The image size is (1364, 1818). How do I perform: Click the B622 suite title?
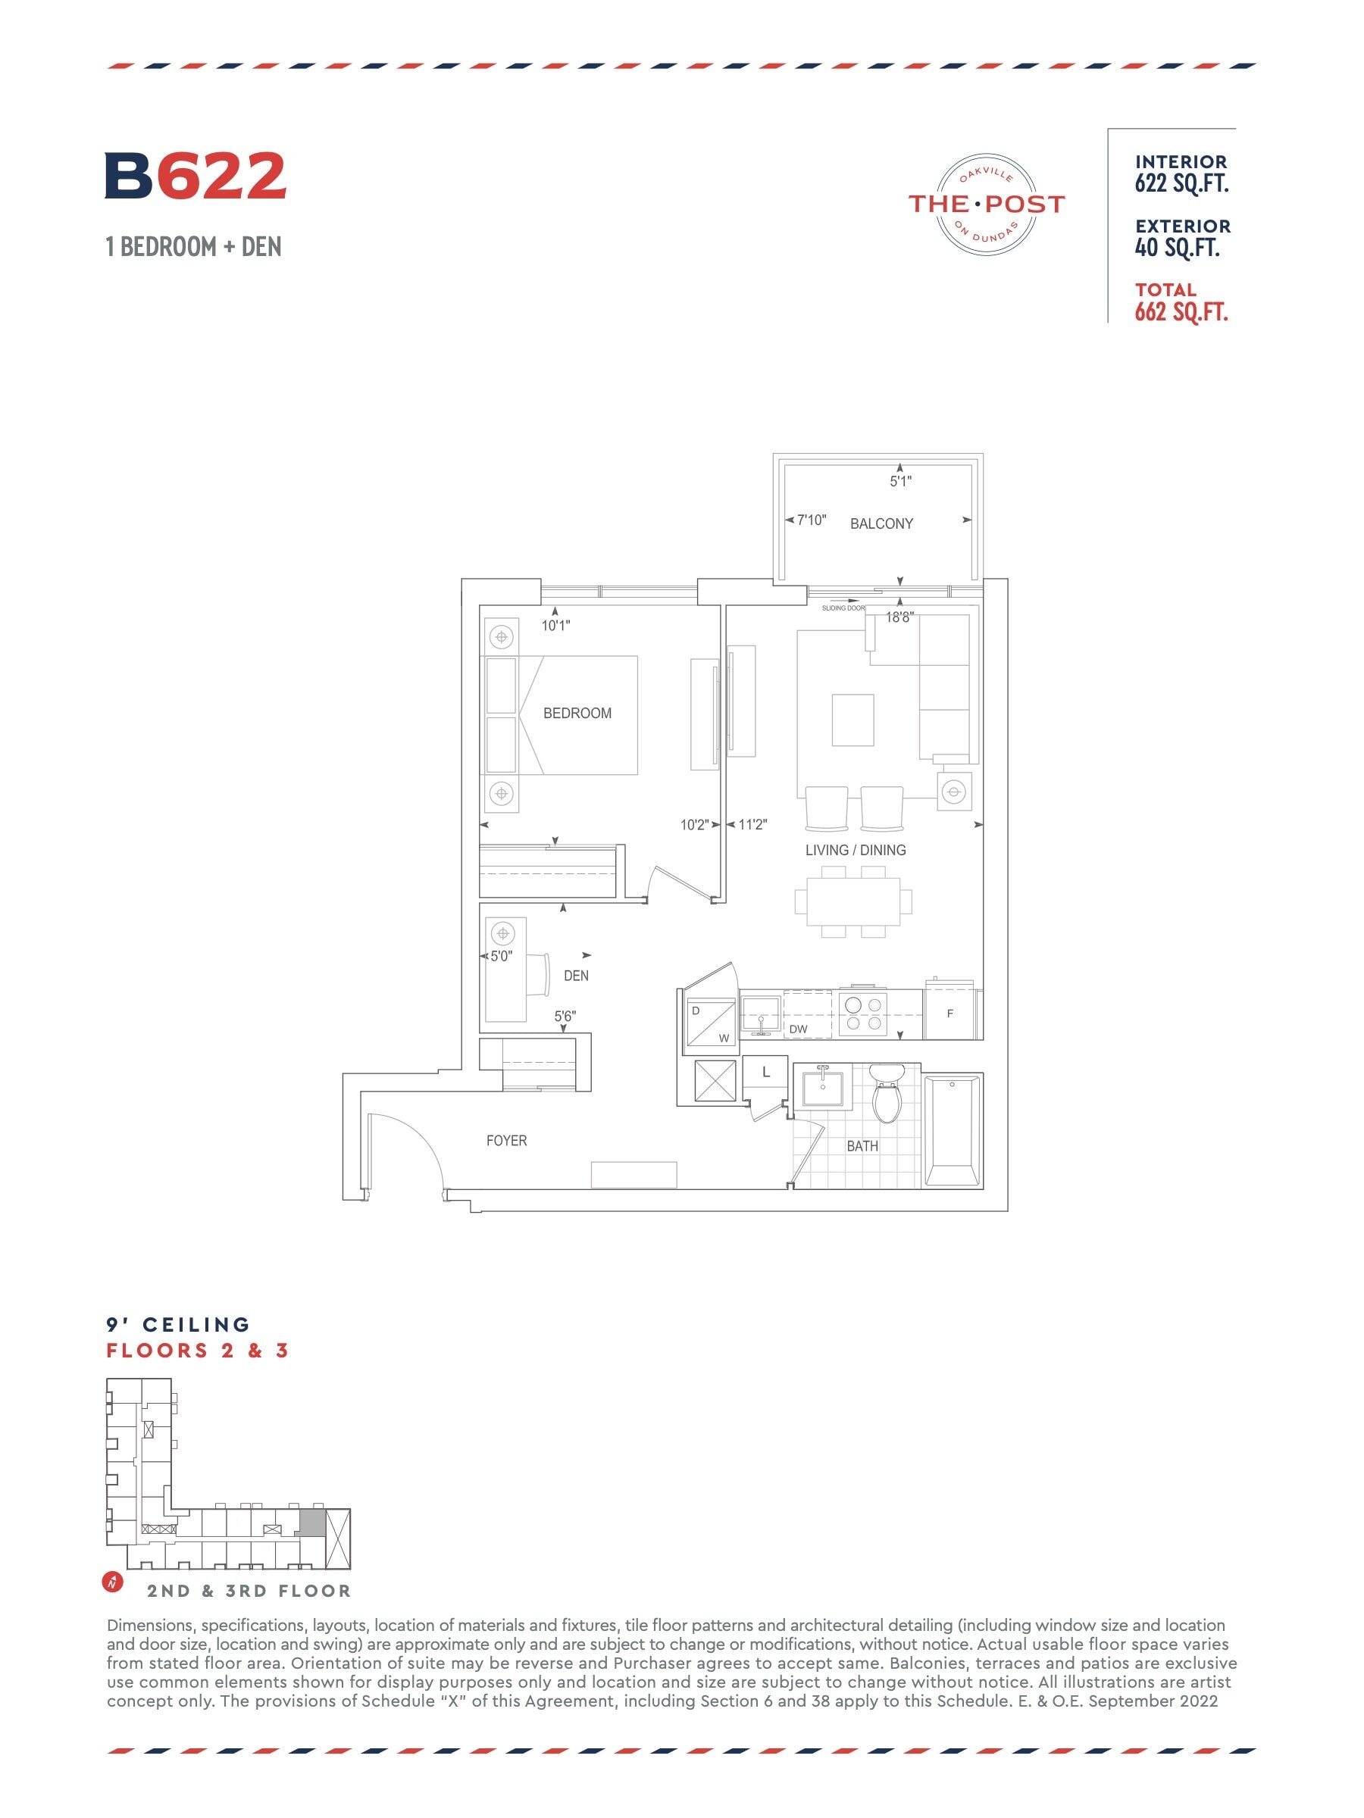pos(196,175)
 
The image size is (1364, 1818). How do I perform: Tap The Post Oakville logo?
pos(986,204)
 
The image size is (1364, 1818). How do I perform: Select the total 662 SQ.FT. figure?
pos(1181,311)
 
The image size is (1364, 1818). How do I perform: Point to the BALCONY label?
pos(881,523)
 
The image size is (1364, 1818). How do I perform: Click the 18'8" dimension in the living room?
pos(899,617)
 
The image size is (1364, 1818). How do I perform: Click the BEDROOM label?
pos(577,714)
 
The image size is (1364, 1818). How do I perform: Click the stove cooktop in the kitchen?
pos(863,1014)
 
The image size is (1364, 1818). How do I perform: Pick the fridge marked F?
pos(951,1013)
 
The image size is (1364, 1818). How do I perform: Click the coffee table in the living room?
pos(852,720)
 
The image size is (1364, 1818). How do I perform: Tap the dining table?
pos(853,901)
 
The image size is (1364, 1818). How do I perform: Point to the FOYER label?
pos(506,1141)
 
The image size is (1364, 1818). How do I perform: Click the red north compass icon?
pos(113,1582)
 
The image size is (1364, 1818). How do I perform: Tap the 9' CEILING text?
pos(178,1325)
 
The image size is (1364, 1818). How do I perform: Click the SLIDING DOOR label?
pos(843,608)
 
